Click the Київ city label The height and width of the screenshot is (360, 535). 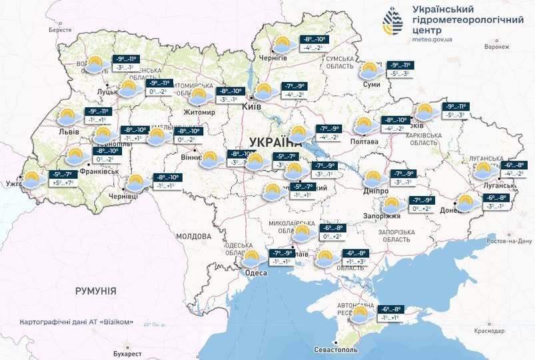click(x=251, y=106)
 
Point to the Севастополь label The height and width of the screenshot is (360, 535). click(x=336, y=349)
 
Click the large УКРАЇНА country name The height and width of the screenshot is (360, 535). click(x=274, y=141)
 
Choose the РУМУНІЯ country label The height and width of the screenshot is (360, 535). click(x=95, y=291)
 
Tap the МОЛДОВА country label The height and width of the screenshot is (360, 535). click(x=193, y=237)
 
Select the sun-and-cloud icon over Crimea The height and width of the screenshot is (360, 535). click(x=362, y=314)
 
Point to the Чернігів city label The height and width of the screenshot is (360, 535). click(x=273, y=59)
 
